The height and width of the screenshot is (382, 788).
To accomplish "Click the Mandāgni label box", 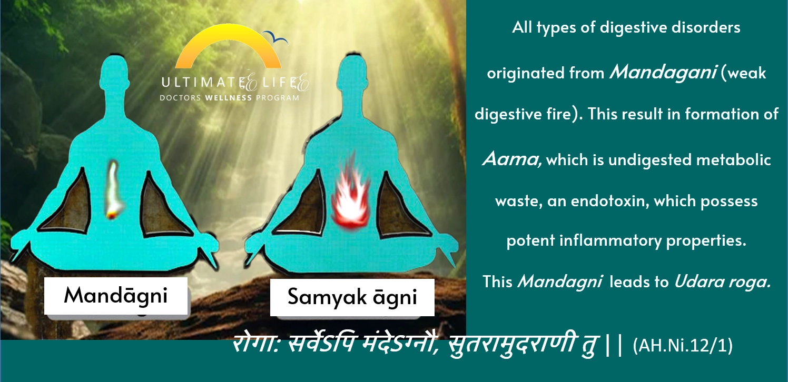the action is (x=116, y=296).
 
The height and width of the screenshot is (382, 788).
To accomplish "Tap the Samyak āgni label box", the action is (x=352, y=297).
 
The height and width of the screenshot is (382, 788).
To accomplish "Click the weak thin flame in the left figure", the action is (x=113, y=190).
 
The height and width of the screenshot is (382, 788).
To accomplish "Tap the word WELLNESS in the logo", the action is (x=229, y=98).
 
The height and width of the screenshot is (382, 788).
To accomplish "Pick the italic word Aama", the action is (x=512, y=159).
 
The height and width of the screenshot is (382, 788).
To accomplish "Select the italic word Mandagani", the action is (x=663, y=73).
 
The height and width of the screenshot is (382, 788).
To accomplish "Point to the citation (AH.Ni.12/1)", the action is (x=683, y=346).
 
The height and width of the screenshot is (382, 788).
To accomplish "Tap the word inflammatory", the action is (x=610, y=241).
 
